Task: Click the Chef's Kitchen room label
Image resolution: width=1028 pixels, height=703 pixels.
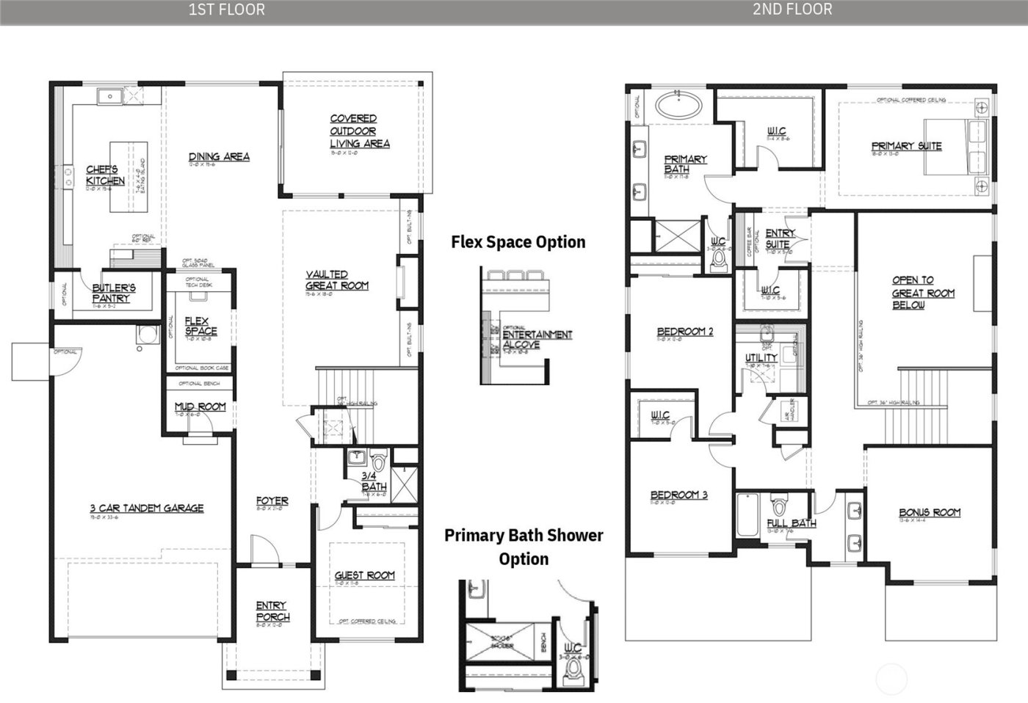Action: click(105, 175)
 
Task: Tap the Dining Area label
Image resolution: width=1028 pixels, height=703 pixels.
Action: click(219, 156)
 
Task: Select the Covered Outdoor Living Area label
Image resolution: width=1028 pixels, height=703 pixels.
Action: click(359, 131)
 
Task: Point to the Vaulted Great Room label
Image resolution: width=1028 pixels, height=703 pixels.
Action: click(336, 280)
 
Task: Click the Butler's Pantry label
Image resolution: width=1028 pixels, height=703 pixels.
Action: click(113, 293)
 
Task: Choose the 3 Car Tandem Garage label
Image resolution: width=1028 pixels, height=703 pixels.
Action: click(147, 508)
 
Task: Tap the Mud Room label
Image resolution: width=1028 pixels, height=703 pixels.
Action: click(200, 407)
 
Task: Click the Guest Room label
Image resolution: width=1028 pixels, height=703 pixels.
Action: click(364, 575)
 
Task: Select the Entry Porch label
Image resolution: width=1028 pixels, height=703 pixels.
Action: click(272, 611)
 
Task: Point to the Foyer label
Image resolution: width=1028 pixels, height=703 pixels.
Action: click(272, 500)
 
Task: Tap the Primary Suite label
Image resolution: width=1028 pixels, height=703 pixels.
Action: click(906, 146)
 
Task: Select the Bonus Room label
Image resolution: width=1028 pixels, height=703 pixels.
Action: click(929, 512)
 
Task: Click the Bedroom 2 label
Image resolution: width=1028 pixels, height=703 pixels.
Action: click(684, 332)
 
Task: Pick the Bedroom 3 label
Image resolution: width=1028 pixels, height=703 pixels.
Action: click(678, 495)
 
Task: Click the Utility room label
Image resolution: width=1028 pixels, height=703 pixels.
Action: click(761, 357)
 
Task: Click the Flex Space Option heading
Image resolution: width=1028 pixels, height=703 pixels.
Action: click(518, 242)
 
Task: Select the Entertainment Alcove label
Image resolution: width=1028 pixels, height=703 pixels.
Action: click(536, 338)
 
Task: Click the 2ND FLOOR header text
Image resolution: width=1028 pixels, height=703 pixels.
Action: click(792, 10)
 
